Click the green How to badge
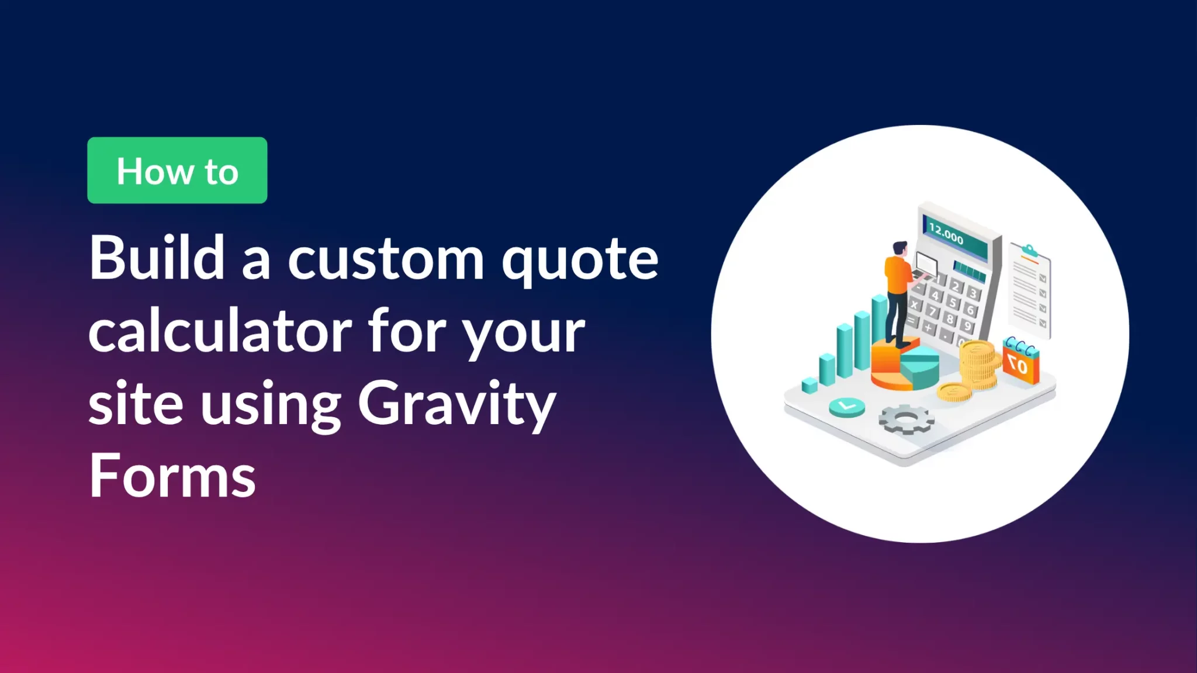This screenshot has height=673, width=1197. click(x=177, y=171)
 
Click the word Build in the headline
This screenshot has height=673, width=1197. click(x=157, y=258)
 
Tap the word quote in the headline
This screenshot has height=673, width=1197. click(x=580, y=261)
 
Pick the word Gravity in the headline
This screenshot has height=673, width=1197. click(x=456, y=405)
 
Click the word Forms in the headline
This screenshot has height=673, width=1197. click(x=172, y=476)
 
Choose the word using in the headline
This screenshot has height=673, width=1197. click(x=271, y=405)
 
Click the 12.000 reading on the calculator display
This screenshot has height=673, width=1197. click(x=946, y=234)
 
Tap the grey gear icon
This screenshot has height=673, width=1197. click(x=906, y=419)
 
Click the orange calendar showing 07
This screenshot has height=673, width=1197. click(x=1020, y=363)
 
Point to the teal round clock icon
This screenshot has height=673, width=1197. click(x=847, y=406)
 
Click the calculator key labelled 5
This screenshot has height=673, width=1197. click(x=953, y=303)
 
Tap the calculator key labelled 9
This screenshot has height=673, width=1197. click(x=967, y=326)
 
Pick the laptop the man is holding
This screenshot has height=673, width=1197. click(x=926, y=266)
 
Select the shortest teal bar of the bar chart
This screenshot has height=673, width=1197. click(x=809, y=386)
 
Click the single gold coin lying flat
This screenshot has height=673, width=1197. click(x=954, y=392)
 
